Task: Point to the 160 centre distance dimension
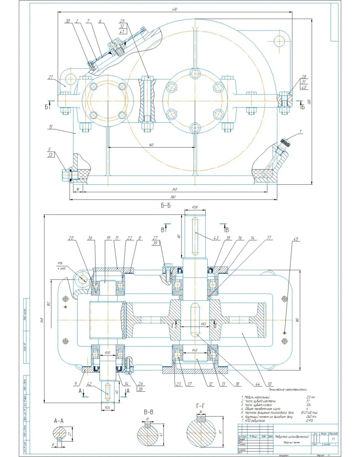(x=151, y=144)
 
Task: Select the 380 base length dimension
(x=173, y=197)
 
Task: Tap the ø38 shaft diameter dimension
(x=194, y=207)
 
